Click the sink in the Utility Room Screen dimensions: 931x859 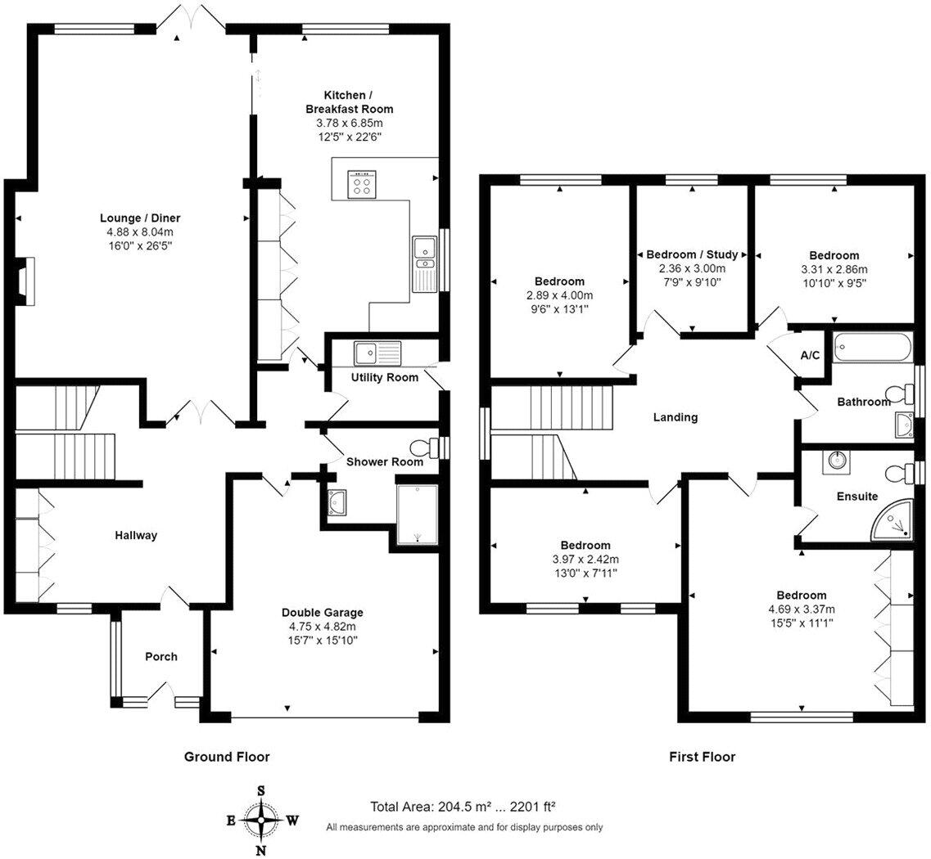[378, 353]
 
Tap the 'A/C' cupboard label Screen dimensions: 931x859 [810, 355]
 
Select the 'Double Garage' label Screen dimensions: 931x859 [323, 612]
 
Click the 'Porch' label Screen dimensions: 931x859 [161, 656]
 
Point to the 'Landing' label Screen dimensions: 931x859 [675, 417]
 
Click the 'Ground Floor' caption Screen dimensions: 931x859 [227, 757]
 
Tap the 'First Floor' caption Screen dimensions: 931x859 [702, 757]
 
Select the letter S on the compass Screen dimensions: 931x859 [260, 791]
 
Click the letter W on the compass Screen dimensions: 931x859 [292, 821]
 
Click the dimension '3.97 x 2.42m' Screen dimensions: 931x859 [585, 559]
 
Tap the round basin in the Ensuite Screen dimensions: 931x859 [837, 461]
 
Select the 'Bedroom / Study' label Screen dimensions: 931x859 [692, 254]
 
